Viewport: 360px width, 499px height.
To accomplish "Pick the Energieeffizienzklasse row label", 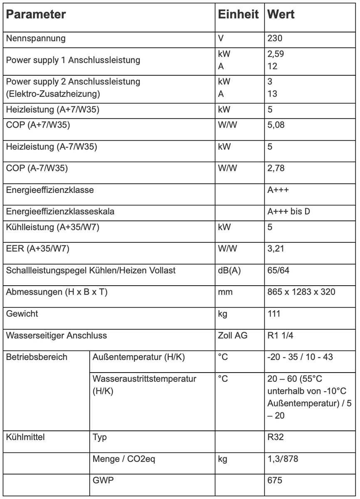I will (50, 190).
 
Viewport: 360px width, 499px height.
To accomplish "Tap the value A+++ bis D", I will (289, 212).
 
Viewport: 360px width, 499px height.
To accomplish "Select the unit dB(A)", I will (229, 271).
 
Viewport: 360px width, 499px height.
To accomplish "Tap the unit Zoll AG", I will (232, 335).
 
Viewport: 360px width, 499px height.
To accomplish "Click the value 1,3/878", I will (283, 459).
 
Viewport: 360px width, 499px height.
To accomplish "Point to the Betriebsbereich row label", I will (37, 357).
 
